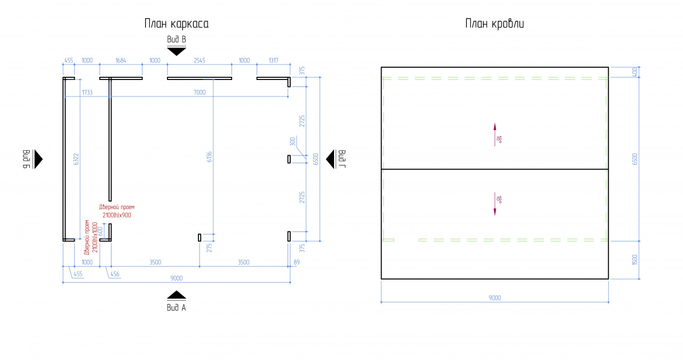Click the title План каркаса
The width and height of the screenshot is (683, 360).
coord(177,24)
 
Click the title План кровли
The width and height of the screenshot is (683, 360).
coord(495,24)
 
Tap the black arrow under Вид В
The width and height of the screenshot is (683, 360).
coord(177,51)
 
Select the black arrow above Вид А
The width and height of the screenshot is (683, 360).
coord(177,295)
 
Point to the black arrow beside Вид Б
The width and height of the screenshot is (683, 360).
coord(38,159)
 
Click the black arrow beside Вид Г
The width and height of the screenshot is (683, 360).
coord(331,159)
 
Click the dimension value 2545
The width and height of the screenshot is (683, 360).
coord(200,60)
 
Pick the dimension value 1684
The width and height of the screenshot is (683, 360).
coord(121,60)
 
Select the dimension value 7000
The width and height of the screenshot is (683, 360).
coord(200,92)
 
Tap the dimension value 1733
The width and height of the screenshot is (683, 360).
coord(87,92)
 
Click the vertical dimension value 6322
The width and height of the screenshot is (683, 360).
coord(76,159)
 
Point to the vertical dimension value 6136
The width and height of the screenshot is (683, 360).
coord(209,157)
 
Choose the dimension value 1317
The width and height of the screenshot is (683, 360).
coord(274,60)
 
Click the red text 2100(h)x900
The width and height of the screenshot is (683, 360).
coord(117,215)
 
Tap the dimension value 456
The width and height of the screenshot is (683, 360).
coord(115,274)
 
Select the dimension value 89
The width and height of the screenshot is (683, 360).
coord(297,262)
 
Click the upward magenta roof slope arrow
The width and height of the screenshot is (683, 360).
coord(495,134)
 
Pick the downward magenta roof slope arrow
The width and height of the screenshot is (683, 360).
coord(495,204)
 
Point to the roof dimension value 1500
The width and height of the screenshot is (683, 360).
coord(635,260)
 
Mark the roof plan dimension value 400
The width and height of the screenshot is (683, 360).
coord(635,72)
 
